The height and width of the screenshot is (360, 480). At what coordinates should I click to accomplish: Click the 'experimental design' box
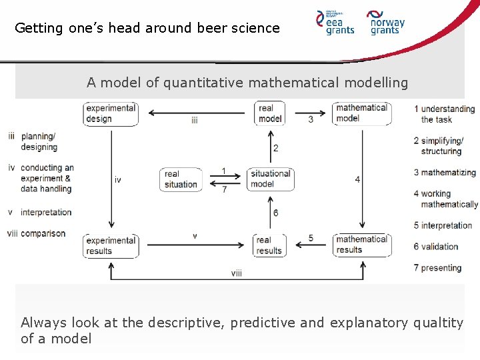click(x=111, y=113)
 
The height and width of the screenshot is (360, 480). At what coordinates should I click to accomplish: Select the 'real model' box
click(x=270, y=113)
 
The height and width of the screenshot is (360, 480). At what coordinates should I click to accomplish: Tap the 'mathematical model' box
click(x=361, y=113)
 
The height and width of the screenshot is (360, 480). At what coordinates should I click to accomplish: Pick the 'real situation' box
click(x=181, y=179)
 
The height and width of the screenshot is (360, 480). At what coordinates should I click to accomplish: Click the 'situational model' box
click(x=270, y=179)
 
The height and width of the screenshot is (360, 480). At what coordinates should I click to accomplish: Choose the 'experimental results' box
click(x=111, y=245)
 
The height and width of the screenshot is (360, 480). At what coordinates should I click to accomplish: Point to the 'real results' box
click(x=269, y=245)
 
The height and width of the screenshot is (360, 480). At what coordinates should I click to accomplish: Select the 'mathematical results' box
click(x=361, y=245)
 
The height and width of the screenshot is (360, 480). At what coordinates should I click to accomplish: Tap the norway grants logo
click(x=386, y=22)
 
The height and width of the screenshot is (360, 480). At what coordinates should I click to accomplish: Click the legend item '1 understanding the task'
click(x=444, y=114)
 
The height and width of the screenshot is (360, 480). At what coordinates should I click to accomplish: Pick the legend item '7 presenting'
click(x=437, y=268)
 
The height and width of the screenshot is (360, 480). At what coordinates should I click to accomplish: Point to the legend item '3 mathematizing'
click(x=444, y=173)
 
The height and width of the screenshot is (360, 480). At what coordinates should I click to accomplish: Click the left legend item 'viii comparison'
click(x=37, y=234)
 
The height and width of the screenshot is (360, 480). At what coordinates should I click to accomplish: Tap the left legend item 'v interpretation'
click(x=40, y=213)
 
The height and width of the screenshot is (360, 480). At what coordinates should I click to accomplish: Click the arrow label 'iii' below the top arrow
click(x=194, y=121)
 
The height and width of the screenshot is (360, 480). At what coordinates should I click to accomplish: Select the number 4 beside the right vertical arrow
click(x=357, y=179)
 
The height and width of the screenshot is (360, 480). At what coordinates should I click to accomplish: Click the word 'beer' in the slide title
click(x=213, y=28)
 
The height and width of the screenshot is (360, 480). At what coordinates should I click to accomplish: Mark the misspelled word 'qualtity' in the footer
click(x=437, y=323)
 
